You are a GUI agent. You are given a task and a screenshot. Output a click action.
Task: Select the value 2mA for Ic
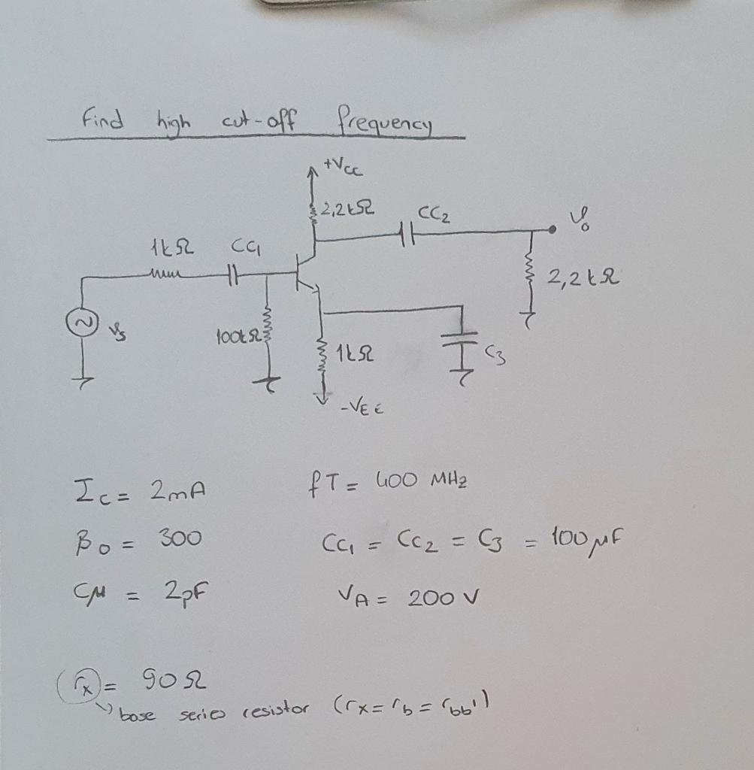click(x=179, y=493)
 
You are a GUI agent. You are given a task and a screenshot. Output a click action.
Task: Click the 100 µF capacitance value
click(x=594, y=538)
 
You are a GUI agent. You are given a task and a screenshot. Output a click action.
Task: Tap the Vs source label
click(x=116, y=329)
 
